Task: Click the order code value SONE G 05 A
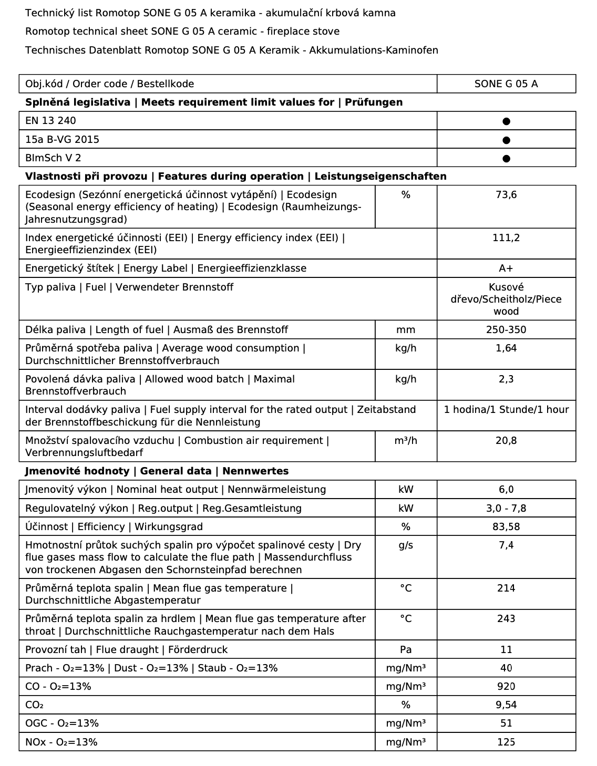[506, 84]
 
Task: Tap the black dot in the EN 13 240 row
[506, 121]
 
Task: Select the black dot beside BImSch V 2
[506, 158]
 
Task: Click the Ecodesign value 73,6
[506, 195]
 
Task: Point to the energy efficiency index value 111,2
[506, 238]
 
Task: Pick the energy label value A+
[506, 268]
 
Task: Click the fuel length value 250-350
[506, 330]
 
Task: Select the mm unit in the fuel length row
[406, 330]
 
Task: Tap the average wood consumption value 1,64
[506, 348]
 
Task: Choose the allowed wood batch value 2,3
[506, 379]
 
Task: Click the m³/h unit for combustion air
[406, 441]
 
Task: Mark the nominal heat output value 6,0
[506, 490]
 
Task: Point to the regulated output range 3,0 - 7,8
[506, 509]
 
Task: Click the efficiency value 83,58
[506, 527]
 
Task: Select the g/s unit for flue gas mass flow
[406, 545]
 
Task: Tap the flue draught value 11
[506, 650]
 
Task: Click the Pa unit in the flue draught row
[406, 650]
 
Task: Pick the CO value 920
[506, 687]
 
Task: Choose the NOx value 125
[506, 742]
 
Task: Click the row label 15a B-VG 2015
[62, 140]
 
